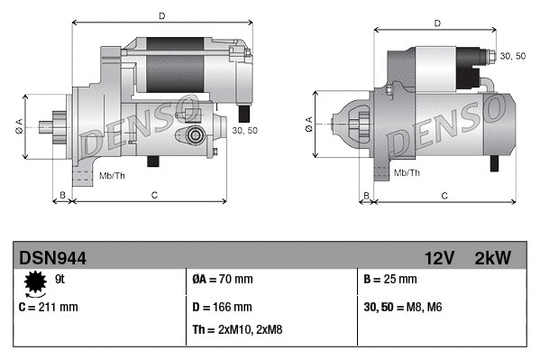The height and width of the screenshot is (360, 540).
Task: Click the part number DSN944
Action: point(52,258)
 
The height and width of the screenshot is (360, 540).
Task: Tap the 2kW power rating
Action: point(492,258)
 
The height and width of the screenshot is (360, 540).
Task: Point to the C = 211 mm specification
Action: point(49,307)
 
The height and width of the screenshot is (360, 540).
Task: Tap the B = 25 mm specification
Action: point(391,280)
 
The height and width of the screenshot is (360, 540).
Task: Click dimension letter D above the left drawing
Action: point(161,15)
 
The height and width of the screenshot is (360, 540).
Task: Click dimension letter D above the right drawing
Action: point(436,23)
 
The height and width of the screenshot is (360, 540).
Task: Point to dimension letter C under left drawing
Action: point(154,195)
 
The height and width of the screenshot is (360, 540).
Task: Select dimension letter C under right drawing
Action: point(444,195)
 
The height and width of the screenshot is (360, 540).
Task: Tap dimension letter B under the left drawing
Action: point(62,195)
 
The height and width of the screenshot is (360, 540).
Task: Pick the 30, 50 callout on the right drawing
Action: point(512,57)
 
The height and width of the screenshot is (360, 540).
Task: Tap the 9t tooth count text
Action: point(61,280)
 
